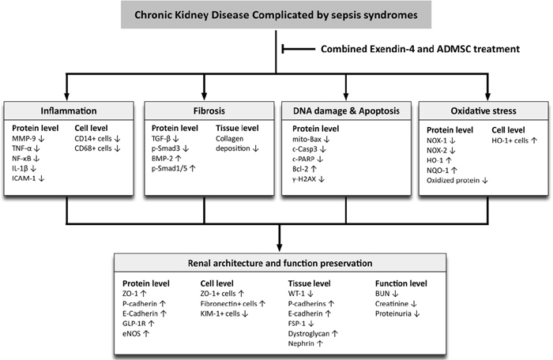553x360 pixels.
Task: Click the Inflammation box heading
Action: point(69,111)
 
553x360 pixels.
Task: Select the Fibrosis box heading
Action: point(209,111)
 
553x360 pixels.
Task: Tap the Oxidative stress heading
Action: point(483,111)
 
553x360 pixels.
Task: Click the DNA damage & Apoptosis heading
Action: point(346,111)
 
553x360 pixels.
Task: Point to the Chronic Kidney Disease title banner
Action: point(276,15)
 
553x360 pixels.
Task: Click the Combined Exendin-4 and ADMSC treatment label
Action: point(420,49)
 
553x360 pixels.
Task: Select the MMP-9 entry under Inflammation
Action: point(28,139)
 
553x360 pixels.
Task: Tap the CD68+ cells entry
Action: point(98,148)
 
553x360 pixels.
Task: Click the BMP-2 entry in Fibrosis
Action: point(167,159)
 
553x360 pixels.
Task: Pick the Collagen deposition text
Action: point(237,144)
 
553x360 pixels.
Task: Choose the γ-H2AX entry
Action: point(308,178)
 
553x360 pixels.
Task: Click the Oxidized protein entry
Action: point(457,180)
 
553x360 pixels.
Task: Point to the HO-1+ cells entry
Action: point(514,141)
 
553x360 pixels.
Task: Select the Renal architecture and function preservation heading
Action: point(280,264)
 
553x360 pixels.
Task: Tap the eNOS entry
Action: point(136,333)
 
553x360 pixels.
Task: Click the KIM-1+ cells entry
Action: point(224,313)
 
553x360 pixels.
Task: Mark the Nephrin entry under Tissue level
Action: point(306,343)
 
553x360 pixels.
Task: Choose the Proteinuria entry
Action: point(397,313)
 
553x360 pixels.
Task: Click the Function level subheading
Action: point(401,283)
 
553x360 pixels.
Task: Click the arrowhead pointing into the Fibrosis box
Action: point(204,96)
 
